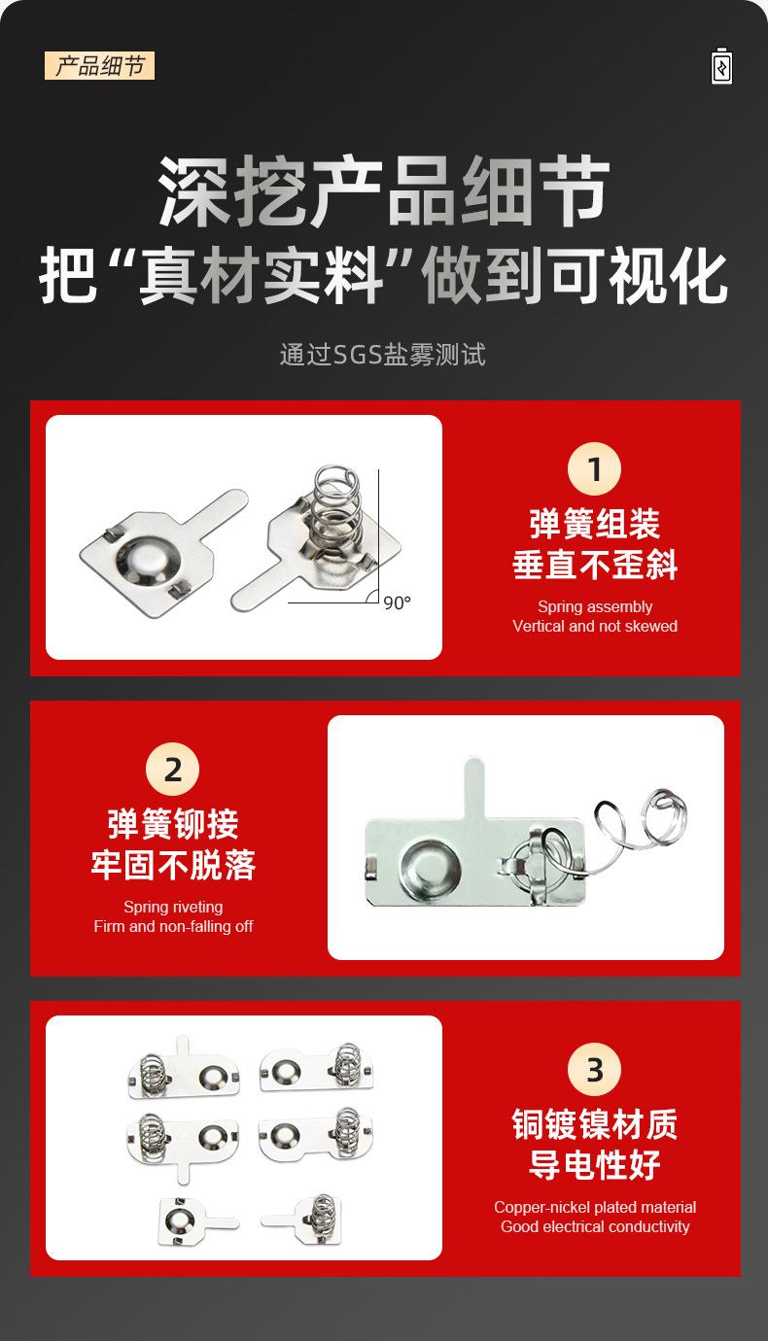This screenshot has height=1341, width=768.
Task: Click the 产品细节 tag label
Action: pyautogui.click(x=99, y=65)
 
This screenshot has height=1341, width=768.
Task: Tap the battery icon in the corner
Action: pyautogui.click(x=722, y=66)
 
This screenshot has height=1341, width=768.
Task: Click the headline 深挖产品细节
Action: pyautogui.click(x=384, y=191)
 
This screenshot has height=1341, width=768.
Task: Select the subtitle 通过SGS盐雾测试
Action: pyautogui.click(x=383, y=355)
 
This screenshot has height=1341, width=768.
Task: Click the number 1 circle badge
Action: pyautogui.click(x=594, y=468)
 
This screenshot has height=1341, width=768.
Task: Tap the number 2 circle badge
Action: pyautogui.click(x=172, y=770)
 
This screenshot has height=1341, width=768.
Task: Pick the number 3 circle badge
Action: pyautogui.click(x=594, y=1069)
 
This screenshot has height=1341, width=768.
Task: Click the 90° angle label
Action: pyautogui.click(x=398, y=602)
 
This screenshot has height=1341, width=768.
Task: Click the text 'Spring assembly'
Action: pyautogui.click(x=595, y=606)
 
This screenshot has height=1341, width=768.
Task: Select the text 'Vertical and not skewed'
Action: pyautogui.click(x=595, y=626)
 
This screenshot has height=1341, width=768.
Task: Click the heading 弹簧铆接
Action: pyautogui.click(x=173, y=824)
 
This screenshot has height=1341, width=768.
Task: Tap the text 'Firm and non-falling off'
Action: pyautogui.click(x=173, y=926)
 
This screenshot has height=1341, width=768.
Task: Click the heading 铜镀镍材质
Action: pyautogui.click(x=595, y=1124)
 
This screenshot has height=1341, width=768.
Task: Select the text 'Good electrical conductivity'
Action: pyautogui.click(x=595, y=1226)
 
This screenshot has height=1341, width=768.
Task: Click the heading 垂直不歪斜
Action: pyautogui.click(x=595, y=565)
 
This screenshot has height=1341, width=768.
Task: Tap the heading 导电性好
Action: pyautogui.click(x=595, y=1164)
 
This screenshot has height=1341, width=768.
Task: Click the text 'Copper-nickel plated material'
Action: pyautogui.click(x=595, y=1207)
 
